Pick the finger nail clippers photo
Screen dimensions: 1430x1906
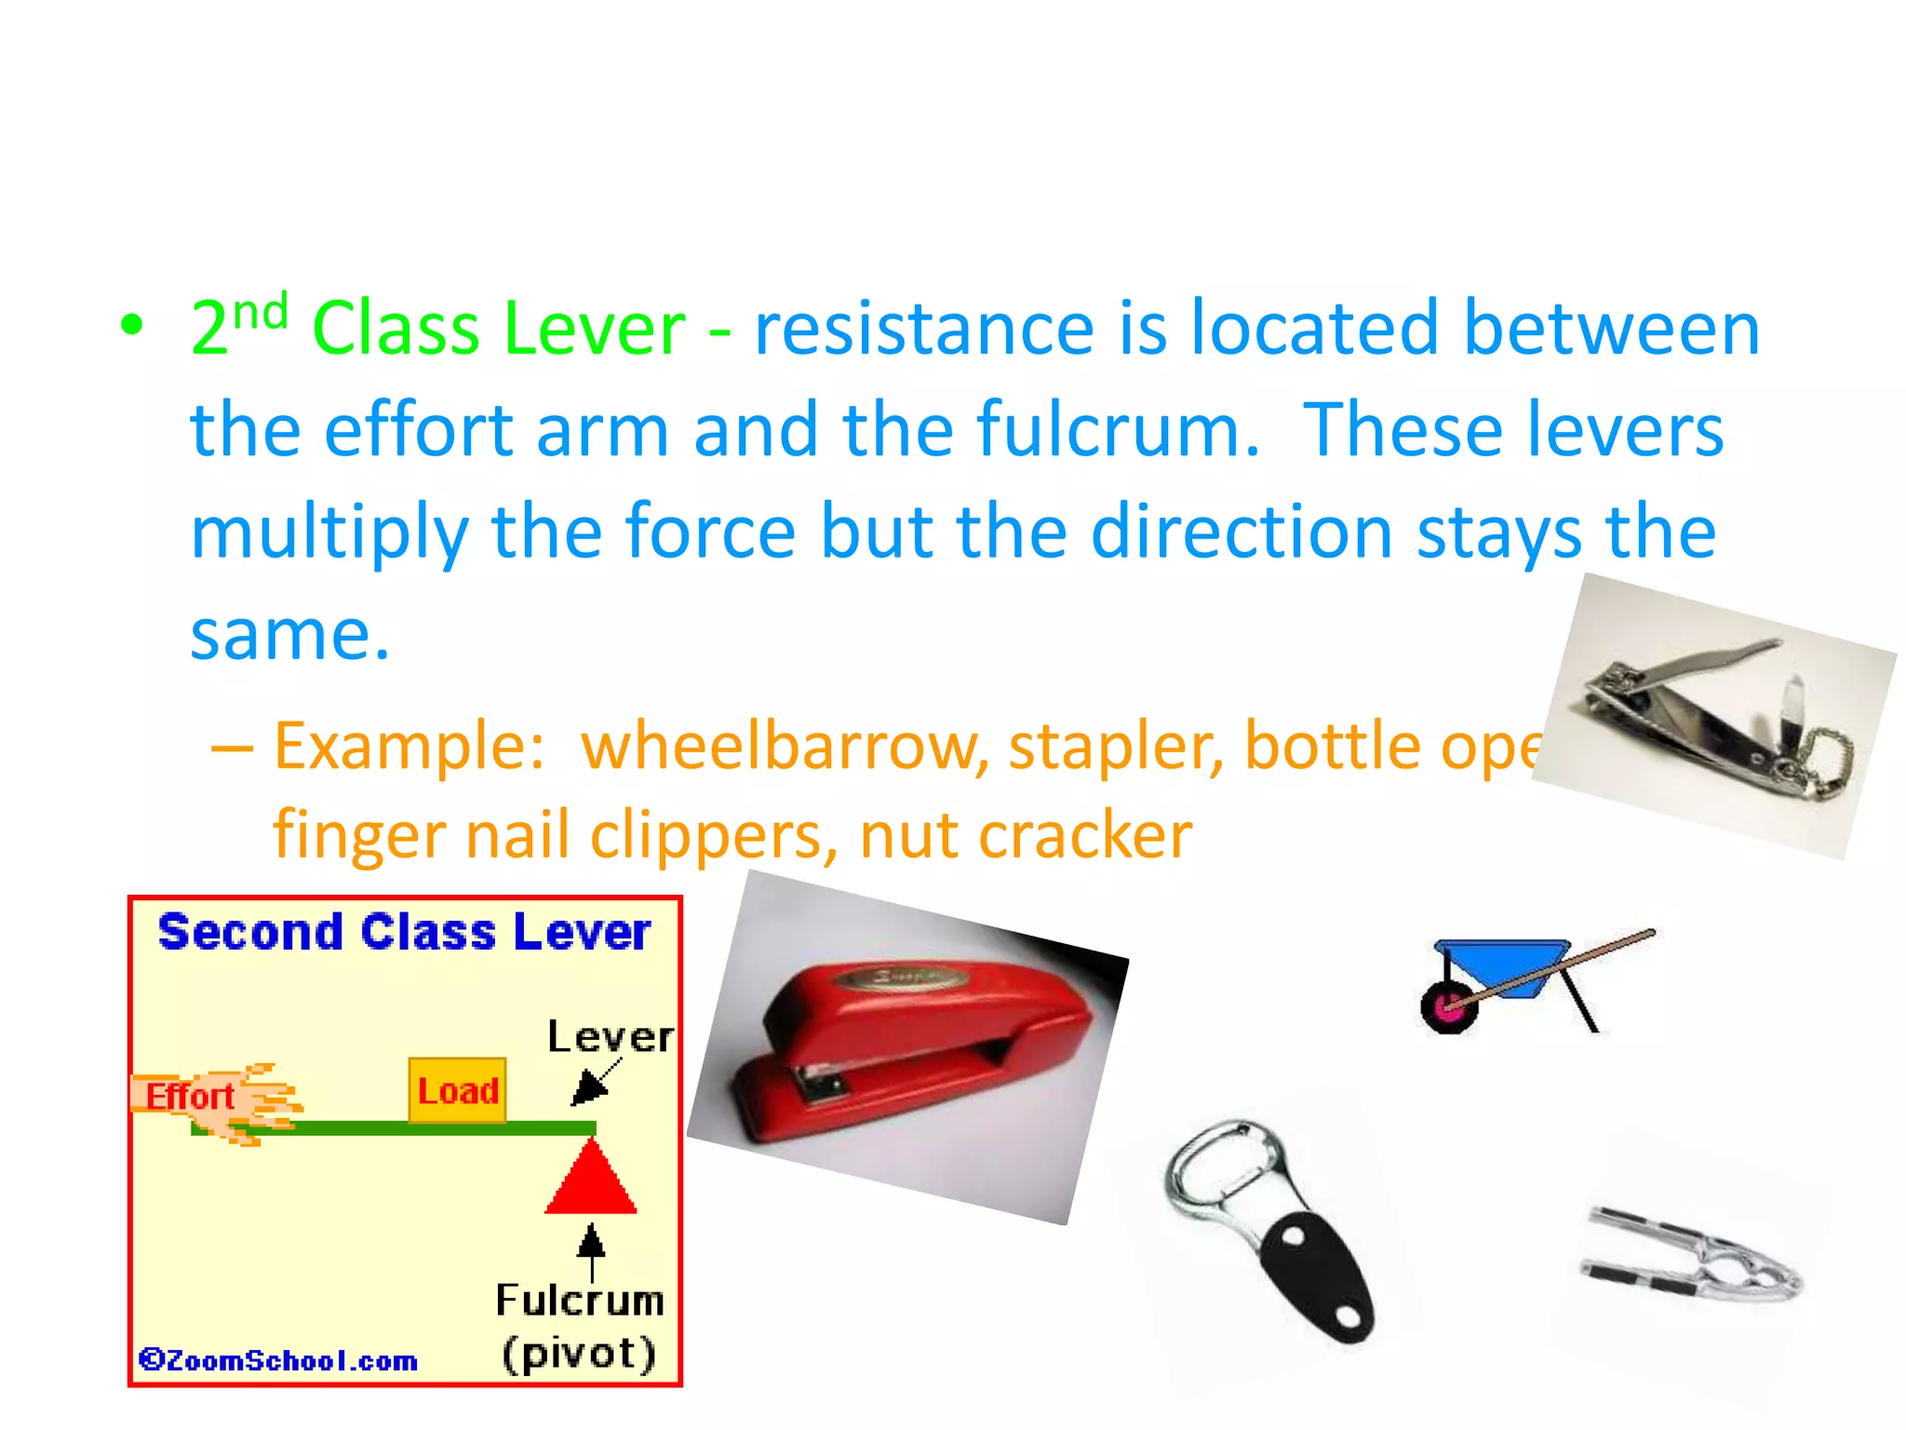(x=1712, y=717)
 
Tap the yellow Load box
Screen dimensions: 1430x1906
(x=458, y=1091)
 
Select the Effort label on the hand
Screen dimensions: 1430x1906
(x=190, y=1097)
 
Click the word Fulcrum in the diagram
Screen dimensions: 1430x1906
(x=579, y=1301)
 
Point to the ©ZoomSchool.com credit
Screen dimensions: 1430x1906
(x=277, y=1360)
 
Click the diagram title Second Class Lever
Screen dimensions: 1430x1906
(x=404, y=933)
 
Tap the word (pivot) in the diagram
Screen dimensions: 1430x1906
(x=579, y=1353)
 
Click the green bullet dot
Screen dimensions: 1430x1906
(x=132, y=325)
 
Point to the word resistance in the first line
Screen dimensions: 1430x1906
(x=923, y=328)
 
